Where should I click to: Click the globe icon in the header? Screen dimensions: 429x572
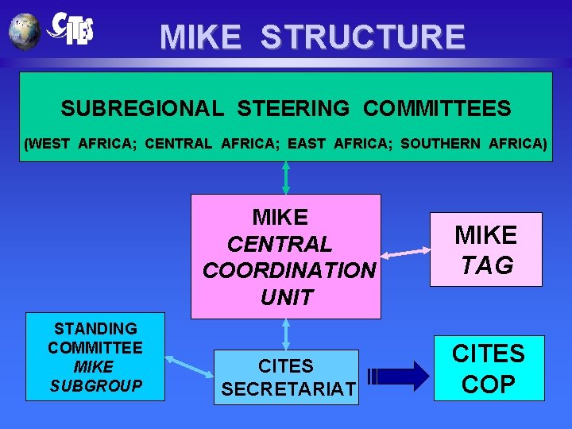click(25, 31)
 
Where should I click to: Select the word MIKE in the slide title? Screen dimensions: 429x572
click(200, 37)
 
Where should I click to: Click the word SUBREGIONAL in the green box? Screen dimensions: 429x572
click(142, 108)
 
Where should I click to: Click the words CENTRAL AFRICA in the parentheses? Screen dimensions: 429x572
click(214, 144)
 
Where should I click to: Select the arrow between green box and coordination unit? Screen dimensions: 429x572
click(286, 177)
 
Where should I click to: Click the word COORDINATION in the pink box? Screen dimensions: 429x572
click(289, 271)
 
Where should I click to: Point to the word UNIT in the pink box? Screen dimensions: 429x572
click(286, 298)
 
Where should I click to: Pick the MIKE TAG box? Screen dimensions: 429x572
click(485, 249)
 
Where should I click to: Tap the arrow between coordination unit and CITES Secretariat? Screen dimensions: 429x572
click(286, 334)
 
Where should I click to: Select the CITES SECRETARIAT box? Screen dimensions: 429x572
click(286, 377)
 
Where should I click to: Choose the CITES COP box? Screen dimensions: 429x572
click(489, 368)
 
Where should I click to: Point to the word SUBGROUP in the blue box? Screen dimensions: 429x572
click(95, 386)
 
